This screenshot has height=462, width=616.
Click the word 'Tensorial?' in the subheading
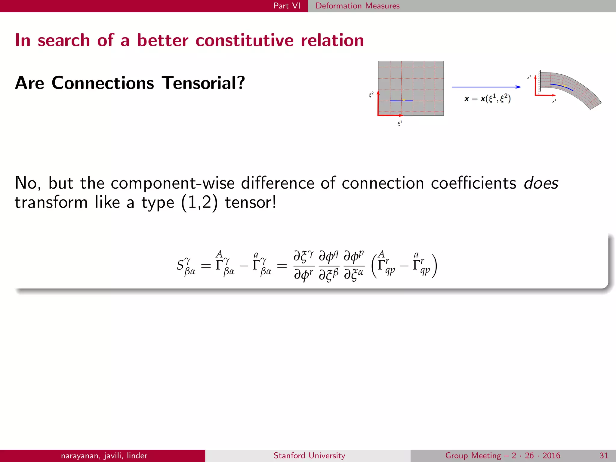coord(203,83)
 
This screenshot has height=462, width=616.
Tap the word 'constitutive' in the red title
coord(245,40)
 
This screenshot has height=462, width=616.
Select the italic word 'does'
coord(541,183)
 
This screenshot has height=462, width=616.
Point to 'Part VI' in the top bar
coord(287,6)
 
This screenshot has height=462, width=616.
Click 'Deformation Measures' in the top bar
coord(357,6)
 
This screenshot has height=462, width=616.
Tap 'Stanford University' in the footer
coord(309,455)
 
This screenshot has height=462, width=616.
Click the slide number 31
coord(604,455)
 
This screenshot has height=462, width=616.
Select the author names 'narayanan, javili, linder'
coord(104,455)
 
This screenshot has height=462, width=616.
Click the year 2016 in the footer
coord(551,455)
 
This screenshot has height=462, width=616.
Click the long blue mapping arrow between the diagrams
coord(486,87)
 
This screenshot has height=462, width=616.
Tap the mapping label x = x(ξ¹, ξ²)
coord(487,98)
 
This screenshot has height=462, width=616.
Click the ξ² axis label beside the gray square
coord(371,95)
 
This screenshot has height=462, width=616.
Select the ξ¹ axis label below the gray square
coord(400,123)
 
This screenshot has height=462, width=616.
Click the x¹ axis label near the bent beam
coord(554,101)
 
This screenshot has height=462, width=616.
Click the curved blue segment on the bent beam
coord(561,87)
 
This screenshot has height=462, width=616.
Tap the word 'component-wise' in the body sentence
coord(172,183)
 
